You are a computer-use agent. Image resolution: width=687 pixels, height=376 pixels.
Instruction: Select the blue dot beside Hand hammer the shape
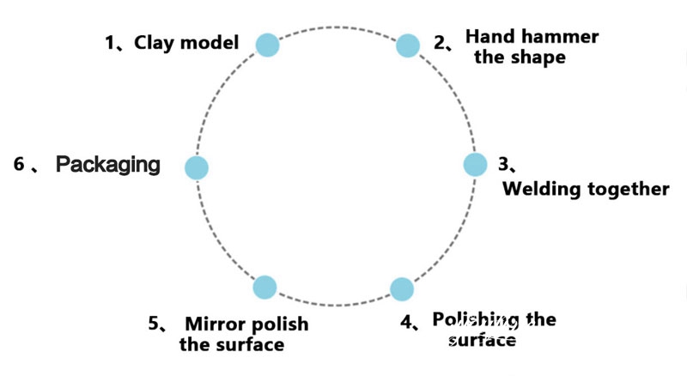pos(407,45)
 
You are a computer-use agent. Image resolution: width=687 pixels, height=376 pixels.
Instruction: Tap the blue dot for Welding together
pos(475,165)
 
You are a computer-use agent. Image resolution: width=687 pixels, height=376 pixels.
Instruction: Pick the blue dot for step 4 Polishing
pos(401,288)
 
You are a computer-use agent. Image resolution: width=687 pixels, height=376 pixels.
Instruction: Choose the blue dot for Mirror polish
pos(264,288)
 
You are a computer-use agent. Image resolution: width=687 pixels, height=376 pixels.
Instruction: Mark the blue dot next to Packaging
pos(198,167)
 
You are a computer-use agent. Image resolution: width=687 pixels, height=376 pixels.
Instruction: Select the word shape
pos(539,58)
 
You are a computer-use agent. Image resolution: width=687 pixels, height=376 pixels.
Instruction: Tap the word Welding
pos(541,189)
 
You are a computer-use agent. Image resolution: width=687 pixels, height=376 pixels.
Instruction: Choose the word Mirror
pos(210,324)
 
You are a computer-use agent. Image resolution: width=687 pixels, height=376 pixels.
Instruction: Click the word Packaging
pos(108,165)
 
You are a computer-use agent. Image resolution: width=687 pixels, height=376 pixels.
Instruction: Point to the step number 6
pos(19,164)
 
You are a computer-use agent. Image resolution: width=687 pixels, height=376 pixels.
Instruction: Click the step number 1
pos(111,43)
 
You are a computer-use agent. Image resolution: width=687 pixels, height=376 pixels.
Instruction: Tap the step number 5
pos(155,324)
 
